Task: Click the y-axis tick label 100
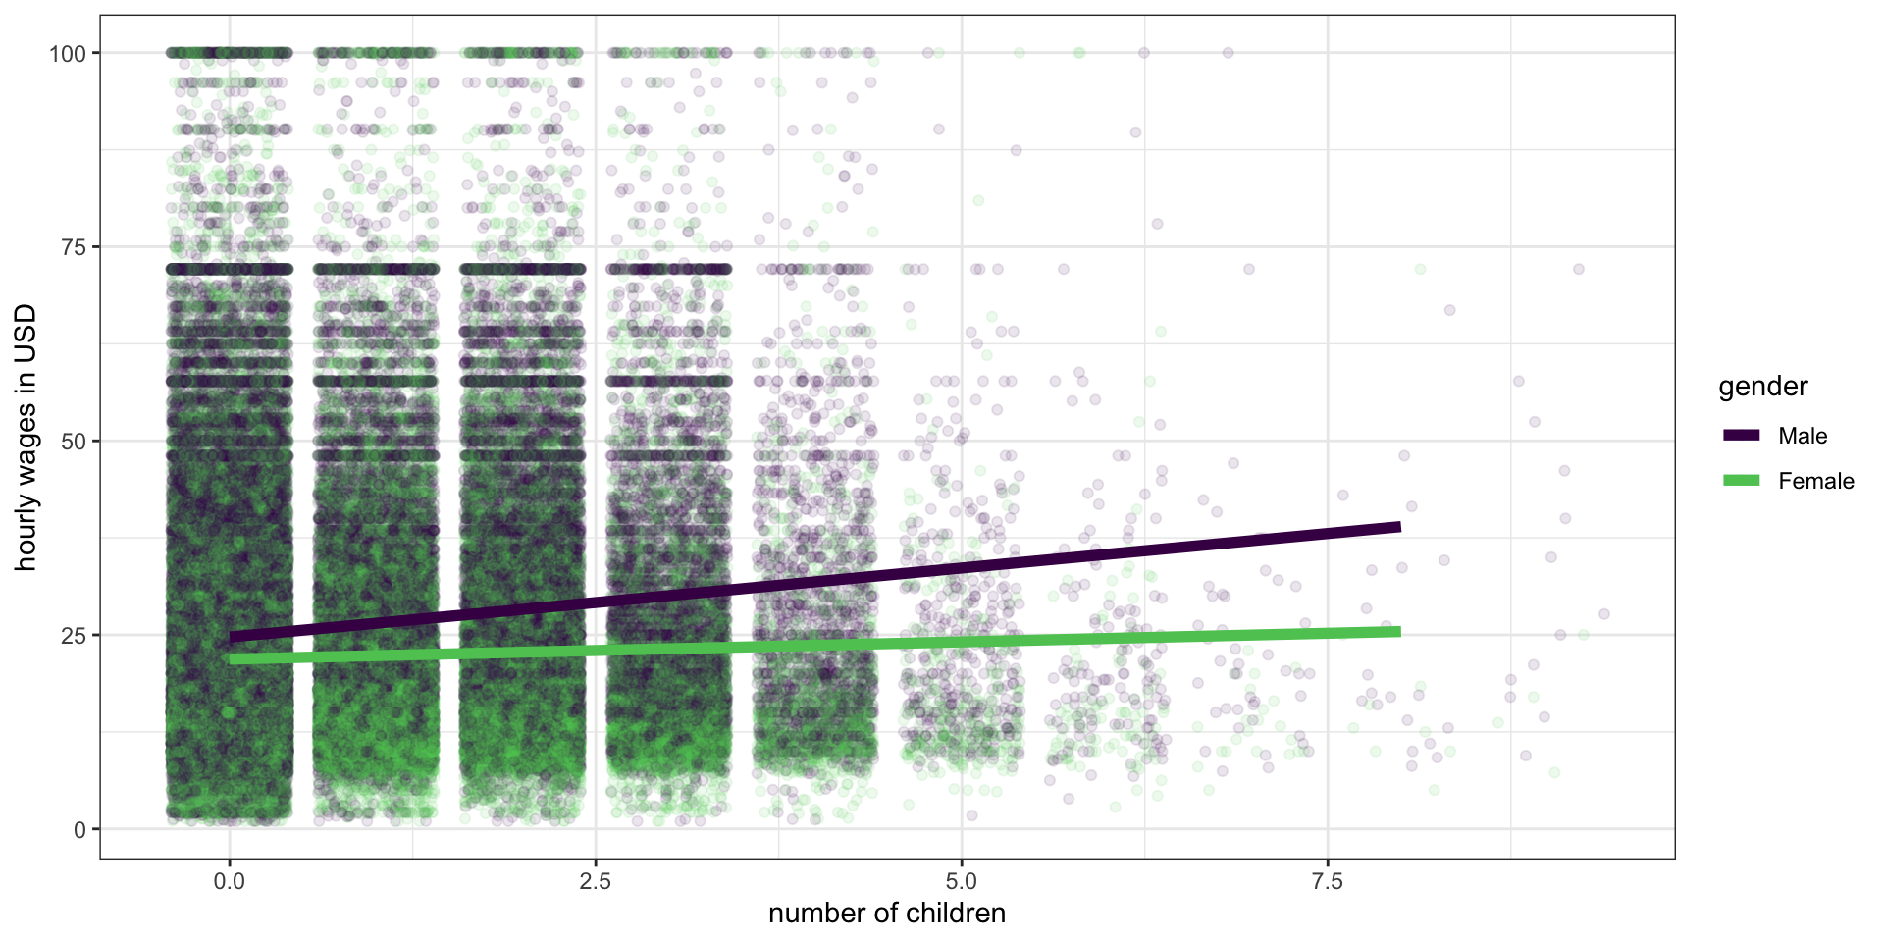click(68, 53)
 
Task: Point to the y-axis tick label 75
click(75, 247)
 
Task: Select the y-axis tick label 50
click(75, 442)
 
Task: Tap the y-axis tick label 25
click(75, 635)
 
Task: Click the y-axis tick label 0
click(80, 829)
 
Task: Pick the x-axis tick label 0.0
click(230, 881)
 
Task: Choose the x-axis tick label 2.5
click(596, 881)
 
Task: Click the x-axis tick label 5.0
click(962, 881)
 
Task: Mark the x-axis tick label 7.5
click(1328, 881)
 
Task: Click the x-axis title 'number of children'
click(887, 914)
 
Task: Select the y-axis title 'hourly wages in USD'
click(26, 438)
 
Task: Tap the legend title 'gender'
click(1763, 387)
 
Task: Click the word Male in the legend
click(1803, 436)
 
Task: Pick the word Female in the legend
click(1816, 481)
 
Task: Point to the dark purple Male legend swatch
click(1742, 435)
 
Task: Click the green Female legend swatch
click(1742, 480)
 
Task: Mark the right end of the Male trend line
click(1399, 527)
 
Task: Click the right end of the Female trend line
click(1399, 631)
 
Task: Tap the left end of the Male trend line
click(231, 638)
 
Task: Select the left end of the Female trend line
click(231, 659)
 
